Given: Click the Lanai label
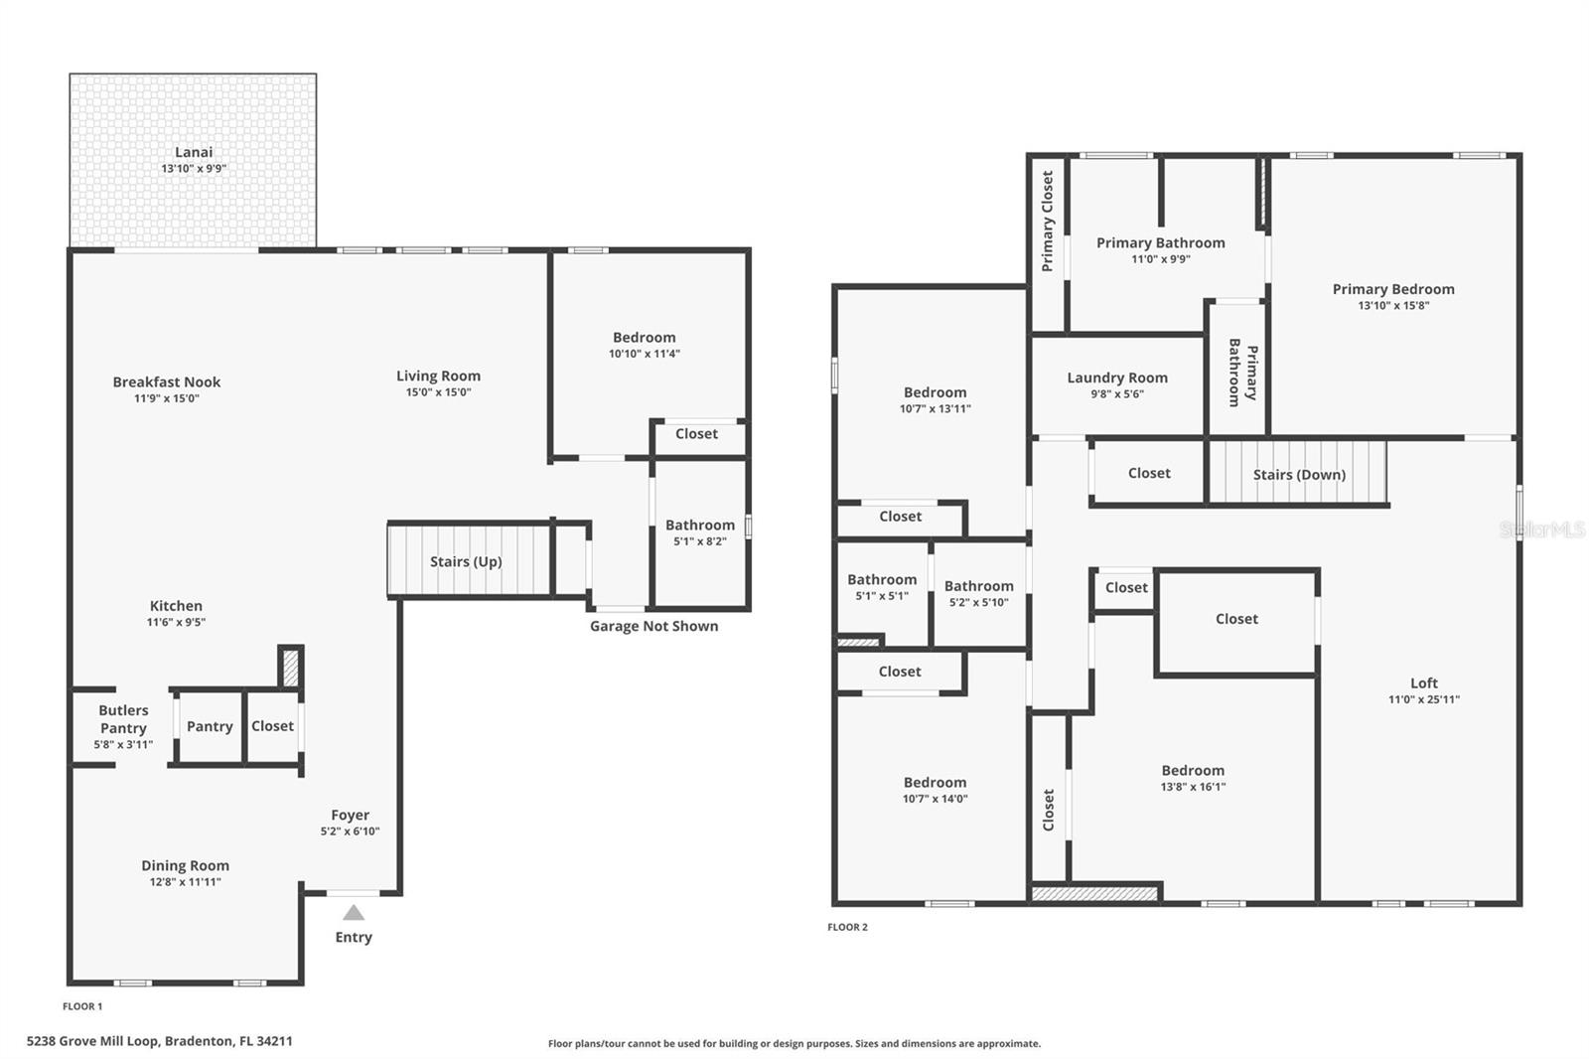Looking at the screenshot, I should tap(194, 152).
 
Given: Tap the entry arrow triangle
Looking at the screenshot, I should tap(354, 913).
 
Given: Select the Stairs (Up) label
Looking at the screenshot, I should tap(466, 561).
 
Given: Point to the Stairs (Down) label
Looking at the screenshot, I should tap(1299, 475).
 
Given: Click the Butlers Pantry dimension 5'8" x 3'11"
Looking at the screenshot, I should tap(123, 745).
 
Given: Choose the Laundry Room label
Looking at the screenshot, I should tap(1117, 378).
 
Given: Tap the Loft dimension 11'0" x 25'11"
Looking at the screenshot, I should tap(1423, 699).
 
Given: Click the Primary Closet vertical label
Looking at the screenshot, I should tap(1047, 221).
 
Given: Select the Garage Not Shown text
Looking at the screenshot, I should tap(653, 626).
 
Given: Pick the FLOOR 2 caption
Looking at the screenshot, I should tap(847, 927).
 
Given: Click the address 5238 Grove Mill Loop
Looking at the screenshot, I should tap(159, 1041).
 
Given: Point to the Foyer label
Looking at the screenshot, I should tap(350, 815).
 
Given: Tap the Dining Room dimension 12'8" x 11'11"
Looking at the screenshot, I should tap(185, 882).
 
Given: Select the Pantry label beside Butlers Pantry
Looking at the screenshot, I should tap(210, 726).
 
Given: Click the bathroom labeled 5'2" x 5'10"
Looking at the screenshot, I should tap(978, 593).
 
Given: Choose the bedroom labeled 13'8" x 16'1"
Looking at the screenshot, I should tap(1193, 777).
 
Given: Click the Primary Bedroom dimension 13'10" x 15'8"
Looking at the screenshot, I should tap(1393, 306).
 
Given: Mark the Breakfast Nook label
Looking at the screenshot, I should tap(167, 381).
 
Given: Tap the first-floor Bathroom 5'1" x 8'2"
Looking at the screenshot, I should tap(700, 532).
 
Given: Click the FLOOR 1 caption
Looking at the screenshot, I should tap(82, 1006).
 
